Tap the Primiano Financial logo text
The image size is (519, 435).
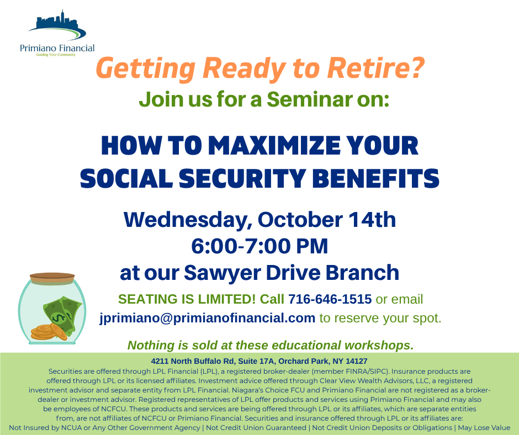click(57, 49)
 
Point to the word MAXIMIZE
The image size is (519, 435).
click(274, 145)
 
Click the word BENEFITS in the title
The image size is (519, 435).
click(375, 178)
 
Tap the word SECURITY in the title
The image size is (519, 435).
click(242, 178)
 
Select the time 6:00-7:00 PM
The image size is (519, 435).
click(259, 246)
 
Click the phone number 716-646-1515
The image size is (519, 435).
click(330, 299)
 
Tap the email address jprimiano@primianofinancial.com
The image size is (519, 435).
click(207, 318)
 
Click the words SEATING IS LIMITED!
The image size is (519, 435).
click(187, 299)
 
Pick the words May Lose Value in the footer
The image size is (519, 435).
click(484, 427)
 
